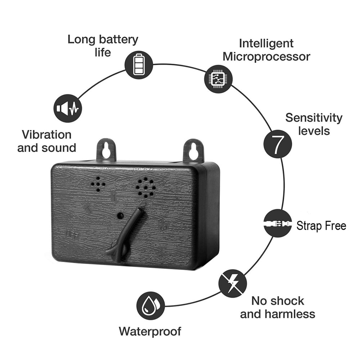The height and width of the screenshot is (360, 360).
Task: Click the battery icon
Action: (139, 65)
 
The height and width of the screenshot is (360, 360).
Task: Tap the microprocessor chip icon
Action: (219, 79)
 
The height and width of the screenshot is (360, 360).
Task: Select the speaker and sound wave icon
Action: (68, 108)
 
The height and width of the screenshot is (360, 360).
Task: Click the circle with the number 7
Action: (278, 144)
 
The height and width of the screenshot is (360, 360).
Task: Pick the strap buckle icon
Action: (278, 223)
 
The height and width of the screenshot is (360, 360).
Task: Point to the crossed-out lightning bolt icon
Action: (233, 284)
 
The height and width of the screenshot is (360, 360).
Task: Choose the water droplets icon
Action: (150, 306)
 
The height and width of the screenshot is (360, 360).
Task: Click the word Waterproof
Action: (150, 332)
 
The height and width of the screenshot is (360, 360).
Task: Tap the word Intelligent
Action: (266, 44)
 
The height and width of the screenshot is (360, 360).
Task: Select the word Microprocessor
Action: (266, 57)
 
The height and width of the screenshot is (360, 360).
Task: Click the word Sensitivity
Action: (314, 118)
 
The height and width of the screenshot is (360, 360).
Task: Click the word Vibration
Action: (46, 135)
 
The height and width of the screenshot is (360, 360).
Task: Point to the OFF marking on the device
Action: (72, 235)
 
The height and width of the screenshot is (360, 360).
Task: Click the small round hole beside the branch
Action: (120, 216)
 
